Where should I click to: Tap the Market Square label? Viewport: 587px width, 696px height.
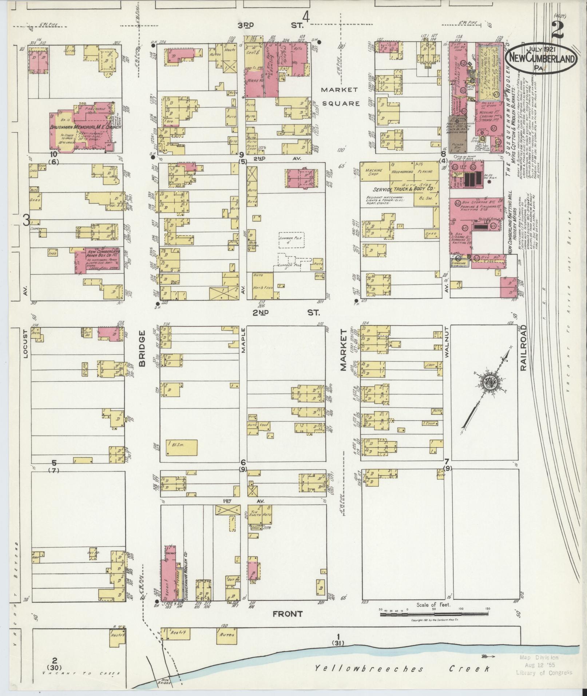tap(340, 96)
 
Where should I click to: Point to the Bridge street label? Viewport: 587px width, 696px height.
tap(142, 348)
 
